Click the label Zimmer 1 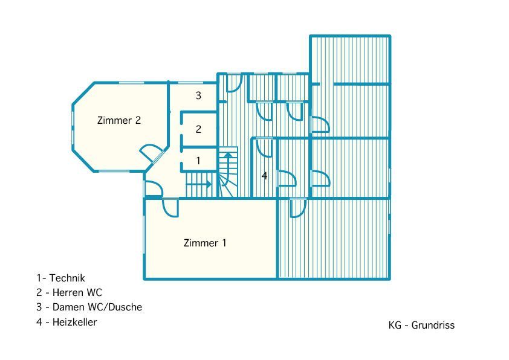tap(205, 243)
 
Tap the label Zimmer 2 tap(119, 120)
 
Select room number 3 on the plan tap(198, 95)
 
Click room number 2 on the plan tap(198, 129)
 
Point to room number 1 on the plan tap(198, 161)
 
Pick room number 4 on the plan tap(265, 176)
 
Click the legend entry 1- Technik tap(60, 278)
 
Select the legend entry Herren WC tap(77, 292)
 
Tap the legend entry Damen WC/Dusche tap(97, 307)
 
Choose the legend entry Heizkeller tap(75, 322)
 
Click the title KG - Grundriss tap(422, 326)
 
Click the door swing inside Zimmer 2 tap(152, 153)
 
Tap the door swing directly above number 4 tap(264, 148)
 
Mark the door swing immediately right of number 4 tap(287, 178)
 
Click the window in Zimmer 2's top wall tap(131, 83)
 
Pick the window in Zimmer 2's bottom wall tap(114, 171)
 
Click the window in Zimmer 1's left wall tap(144, 231)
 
